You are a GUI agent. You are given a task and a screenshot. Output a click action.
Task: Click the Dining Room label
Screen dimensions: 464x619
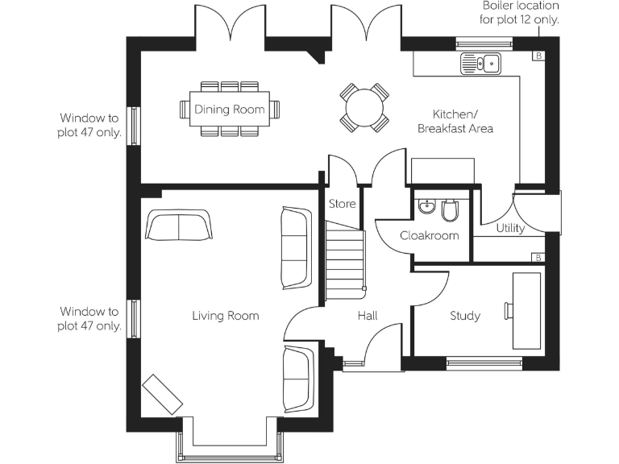[x=229, y=110]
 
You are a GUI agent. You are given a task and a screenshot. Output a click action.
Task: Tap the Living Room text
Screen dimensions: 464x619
[x=226, y=316]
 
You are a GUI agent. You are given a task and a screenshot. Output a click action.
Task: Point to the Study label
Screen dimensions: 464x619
[x=465, y=316]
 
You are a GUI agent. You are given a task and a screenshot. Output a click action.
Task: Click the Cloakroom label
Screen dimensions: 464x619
[x=430, y=236]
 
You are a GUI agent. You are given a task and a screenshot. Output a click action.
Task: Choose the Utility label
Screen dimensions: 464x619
[x=510, y=228]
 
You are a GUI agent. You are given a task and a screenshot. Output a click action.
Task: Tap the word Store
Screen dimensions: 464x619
[x=342, y=204]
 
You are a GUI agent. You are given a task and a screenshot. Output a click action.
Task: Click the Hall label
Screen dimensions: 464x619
[x=368, y=316]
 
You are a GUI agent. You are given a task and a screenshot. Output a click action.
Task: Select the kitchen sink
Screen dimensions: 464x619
[x=480, y=63]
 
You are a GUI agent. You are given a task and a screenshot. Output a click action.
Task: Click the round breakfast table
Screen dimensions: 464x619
[x=364, y=107]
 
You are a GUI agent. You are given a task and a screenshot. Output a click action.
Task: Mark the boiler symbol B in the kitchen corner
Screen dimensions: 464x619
[x=538, y=56]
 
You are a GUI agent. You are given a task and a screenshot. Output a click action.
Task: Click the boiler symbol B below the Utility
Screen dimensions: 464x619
[x=538, y=257]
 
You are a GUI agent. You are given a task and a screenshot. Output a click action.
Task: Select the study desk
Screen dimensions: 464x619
[x=526, y=308]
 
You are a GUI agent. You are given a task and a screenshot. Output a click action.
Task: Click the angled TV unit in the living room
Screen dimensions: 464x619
[x=162, y=396]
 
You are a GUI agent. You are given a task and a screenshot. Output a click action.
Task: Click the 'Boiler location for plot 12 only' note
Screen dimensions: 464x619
[x=521, y=13]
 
